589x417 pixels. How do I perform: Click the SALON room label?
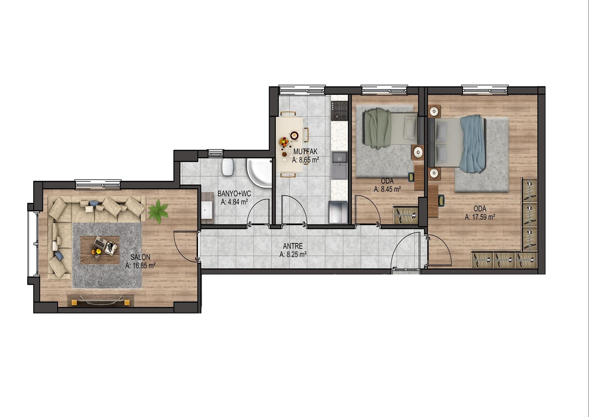pos(140,257)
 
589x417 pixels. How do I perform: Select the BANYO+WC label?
pos(234,194)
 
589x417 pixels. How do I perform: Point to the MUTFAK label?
pos(305,152)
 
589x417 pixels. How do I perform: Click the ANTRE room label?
pos(293,246)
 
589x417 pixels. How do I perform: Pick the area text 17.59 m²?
pos(483,217)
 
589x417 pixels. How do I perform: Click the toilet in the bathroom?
pos(228,167)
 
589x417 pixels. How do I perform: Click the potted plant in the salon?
pos(158,211)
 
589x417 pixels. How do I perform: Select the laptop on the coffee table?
pos(100,243)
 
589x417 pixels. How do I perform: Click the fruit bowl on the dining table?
pos(284,142)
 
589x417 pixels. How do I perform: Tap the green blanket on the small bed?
pos(377,129)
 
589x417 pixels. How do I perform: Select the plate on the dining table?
pos(294,134)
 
